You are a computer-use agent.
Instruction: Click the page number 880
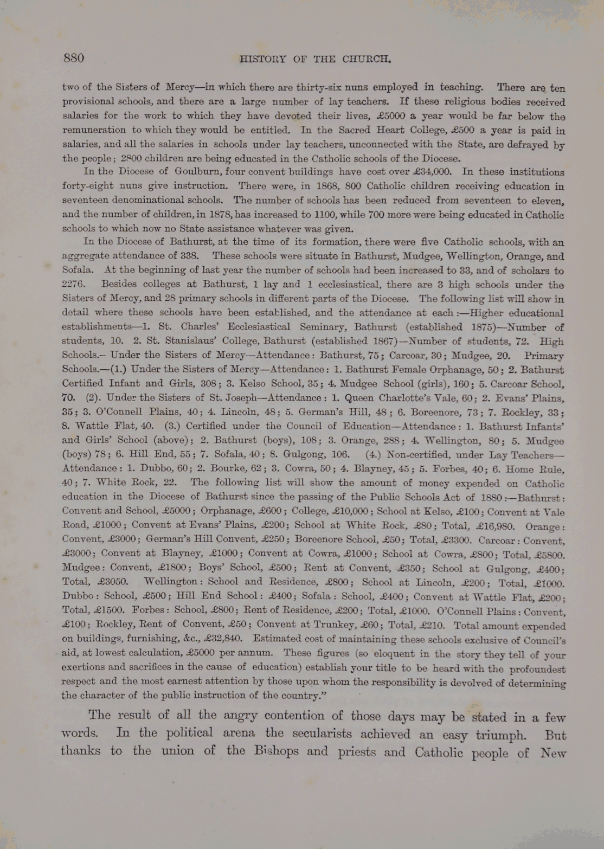(x=74, y=58)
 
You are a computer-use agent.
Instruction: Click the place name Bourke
(x=226, y=469)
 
